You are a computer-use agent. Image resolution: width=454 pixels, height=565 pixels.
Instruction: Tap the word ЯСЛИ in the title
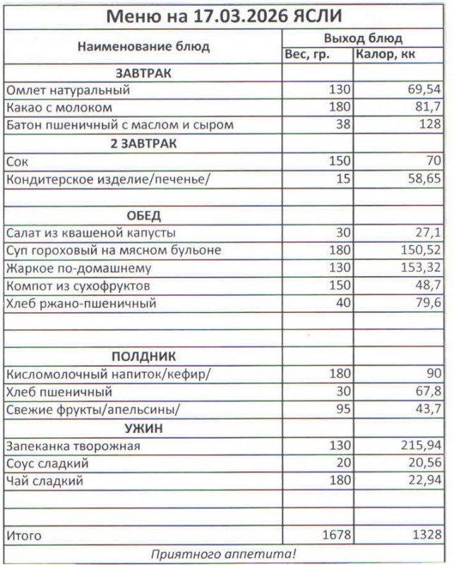[321, 16]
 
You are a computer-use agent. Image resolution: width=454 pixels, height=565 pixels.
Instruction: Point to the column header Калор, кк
[385, 55]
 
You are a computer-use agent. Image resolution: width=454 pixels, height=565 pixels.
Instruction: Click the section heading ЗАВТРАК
[143, 73]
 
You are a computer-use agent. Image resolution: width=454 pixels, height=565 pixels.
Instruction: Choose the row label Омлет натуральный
[68, 90]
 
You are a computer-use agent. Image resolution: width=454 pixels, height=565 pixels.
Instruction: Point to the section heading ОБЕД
[143, 215]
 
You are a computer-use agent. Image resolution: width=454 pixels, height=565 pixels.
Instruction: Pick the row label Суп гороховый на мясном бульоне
[113, 251]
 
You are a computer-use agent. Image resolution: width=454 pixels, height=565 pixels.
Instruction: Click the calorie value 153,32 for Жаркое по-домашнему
[419, 269]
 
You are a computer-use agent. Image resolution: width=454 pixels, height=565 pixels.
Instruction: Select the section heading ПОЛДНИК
[143, 357]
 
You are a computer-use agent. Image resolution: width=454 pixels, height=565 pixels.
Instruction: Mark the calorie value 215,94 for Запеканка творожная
[419, 446]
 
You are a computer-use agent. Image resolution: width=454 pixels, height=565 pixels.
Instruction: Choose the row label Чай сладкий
[44, 482]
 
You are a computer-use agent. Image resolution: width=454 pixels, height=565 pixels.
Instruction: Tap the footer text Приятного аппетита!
[226, 554]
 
